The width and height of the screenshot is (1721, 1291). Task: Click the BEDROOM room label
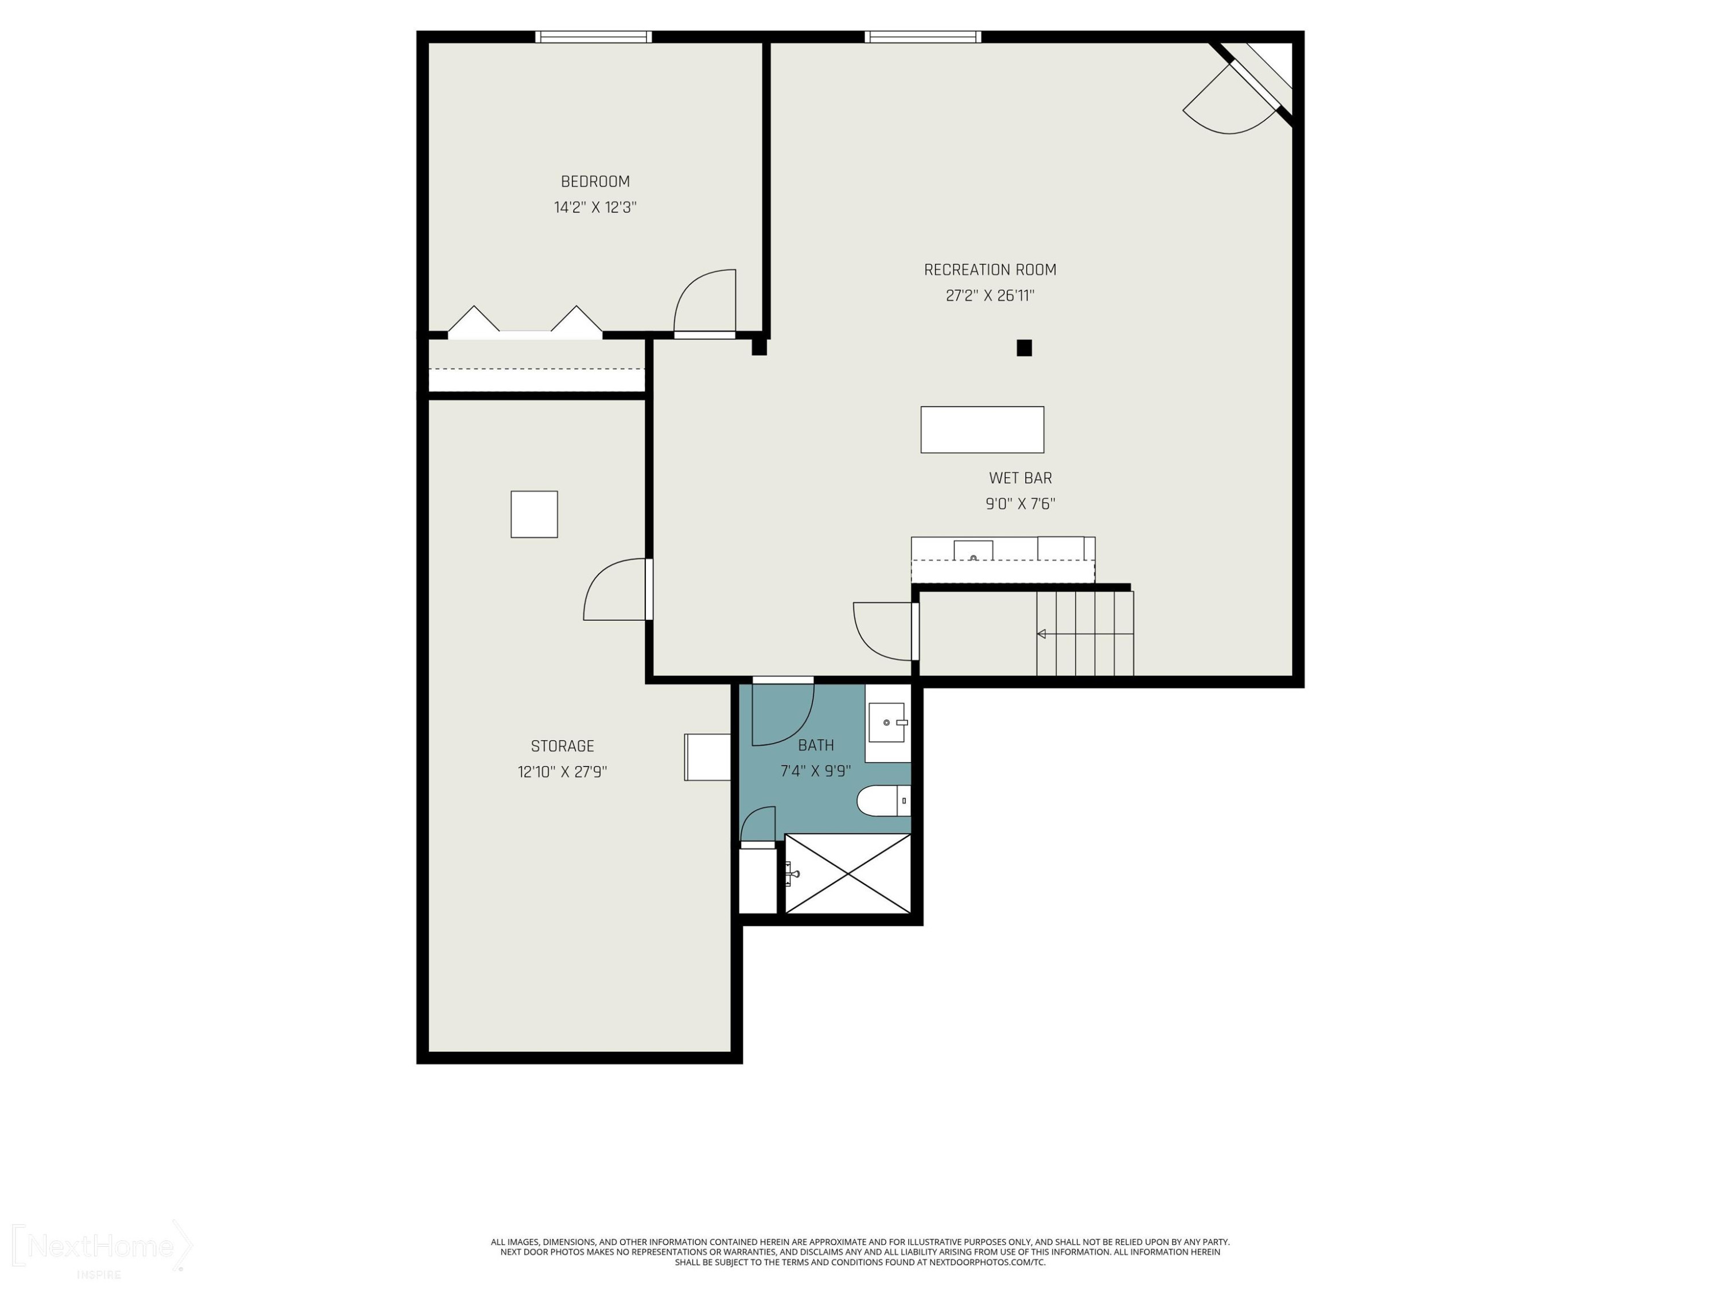pos(595,181)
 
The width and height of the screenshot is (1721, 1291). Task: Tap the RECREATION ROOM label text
pos(990,270)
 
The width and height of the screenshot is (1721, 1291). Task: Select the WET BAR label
pos(1020,478)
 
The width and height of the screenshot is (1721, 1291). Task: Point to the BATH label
pos(815,745)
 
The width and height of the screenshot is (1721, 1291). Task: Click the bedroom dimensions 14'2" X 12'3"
pos(595,208)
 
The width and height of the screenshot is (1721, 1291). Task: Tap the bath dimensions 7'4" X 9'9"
pos(815,771)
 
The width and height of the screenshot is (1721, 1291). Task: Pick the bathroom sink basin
pos(887,723)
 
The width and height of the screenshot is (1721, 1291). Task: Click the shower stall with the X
pos(848,873)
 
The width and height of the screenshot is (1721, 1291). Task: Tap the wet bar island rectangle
pos(982,430)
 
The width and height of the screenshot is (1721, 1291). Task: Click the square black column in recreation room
pos(1024,348)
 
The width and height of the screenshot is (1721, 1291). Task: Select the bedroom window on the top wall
pos(594,37)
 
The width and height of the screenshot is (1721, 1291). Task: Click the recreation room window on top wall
pos(922,37)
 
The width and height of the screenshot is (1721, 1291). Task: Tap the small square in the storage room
pos(534,514)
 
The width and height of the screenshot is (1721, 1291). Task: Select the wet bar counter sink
pos(974,551)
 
